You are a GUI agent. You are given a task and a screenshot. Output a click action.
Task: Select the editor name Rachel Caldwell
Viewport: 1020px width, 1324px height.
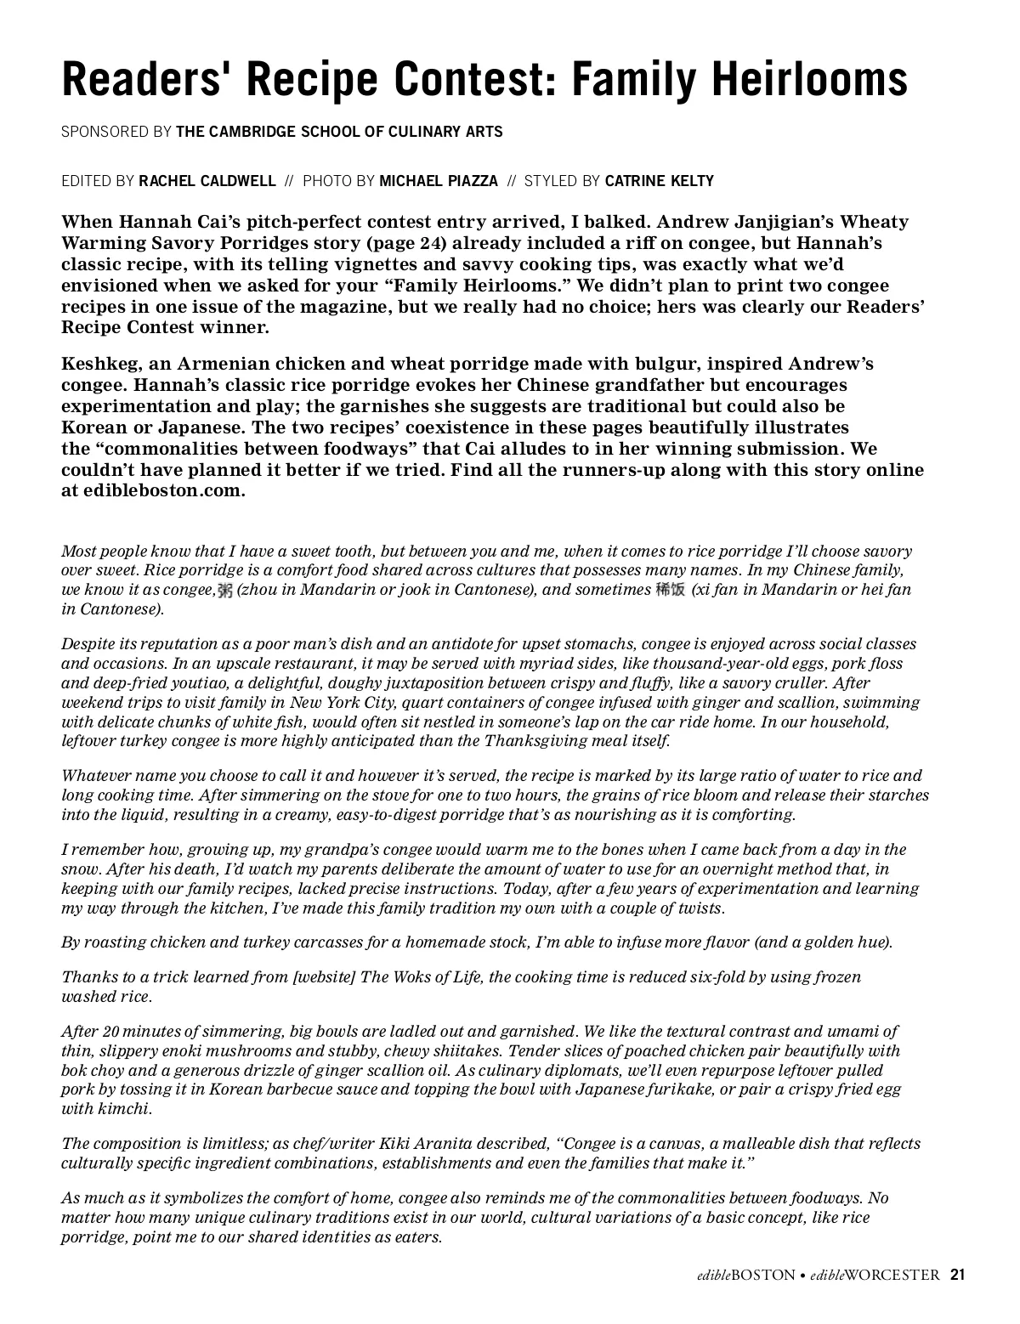pyautogui.click(x=207, y=181)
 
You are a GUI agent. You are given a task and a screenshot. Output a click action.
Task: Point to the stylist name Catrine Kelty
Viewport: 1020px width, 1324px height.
pyautogui.click(x=660, y=181)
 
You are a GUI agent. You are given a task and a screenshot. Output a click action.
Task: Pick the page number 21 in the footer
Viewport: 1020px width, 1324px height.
pyautogui.click(x=958, y=1275)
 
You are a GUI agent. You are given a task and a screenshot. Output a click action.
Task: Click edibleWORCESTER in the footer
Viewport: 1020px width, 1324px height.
pyautogui.click(x=875, y=1275)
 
